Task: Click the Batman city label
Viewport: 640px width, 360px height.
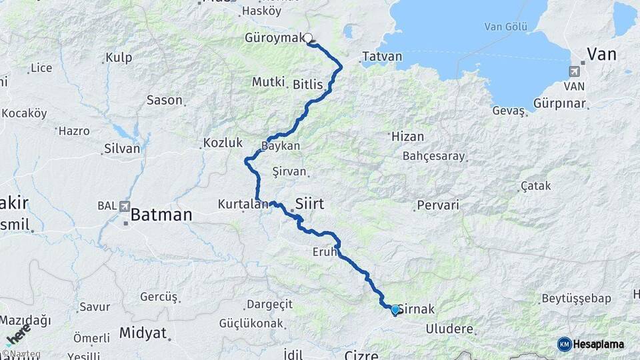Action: (161, 215)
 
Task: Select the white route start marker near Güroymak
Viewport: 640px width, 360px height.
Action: (309, 39)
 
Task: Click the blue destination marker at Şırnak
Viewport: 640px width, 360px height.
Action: (395, 309)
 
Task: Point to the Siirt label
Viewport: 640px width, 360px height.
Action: (309, 203)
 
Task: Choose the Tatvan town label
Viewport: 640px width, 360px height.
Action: (382, 57)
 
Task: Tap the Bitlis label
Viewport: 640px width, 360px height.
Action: (307, 85)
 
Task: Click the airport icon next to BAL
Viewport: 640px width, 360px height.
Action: (125, 207)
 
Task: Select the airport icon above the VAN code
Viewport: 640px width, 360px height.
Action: (575, 71)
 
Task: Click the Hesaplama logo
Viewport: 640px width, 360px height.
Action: (591, 344)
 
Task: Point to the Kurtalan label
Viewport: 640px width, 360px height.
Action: (243, 205)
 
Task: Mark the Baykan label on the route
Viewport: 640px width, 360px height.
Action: (281, 145)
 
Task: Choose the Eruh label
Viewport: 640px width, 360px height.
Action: (325, 252)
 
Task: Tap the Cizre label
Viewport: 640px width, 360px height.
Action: (361, 354)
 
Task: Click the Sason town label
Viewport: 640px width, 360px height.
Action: (164, 100)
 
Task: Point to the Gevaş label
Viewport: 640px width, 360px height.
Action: (509, 111)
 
